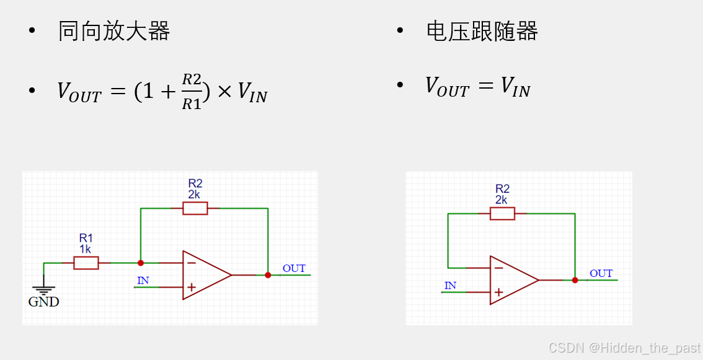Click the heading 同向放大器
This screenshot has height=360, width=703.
pos(114,31)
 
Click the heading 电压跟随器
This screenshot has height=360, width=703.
pos(482,31)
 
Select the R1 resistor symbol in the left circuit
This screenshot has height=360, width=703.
pos(86,263)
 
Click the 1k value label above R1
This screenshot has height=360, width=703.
pos(85,249)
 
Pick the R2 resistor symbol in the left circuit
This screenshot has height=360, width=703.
pos(195,208)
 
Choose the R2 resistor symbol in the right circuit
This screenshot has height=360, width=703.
pos(502,214)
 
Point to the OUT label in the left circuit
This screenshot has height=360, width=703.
pos(294,268)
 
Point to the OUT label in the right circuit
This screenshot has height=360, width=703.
pos(601,273)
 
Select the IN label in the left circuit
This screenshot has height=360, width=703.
pos(143,280)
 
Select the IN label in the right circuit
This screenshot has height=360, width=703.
pos(450,285)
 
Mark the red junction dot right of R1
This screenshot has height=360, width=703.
pos(141,263)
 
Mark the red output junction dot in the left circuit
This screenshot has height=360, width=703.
pos(268,275)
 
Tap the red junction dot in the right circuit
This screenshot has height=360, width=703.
pos(575,280)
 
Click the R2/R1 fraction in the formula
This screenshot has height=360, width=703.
pos(192,92)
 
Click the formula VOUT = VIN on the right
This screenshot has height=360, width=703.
pos(477,87)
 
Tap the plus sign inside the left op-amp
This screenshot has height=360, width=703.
pos(192,287)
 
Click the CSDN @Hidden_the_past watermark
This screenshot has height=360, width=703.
pos(624,348)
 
